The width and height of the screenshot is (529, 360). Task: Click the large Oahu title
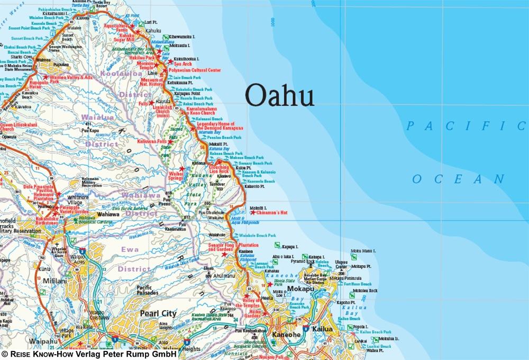(280, 96)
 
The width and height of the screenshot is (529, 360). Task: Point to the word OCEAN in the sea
(459, 179)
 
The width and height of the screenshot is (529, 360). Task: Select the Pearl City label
(158, 313)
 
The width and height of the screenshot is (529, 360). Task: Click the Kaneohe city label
(286, 335)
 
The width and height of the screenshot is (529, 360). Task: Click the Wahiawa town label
(109, 214)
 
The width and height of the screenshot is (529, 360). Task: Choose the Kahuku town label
(152, 31)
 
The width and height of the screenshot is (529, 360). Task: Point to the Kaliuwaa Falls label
(151, 142)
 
